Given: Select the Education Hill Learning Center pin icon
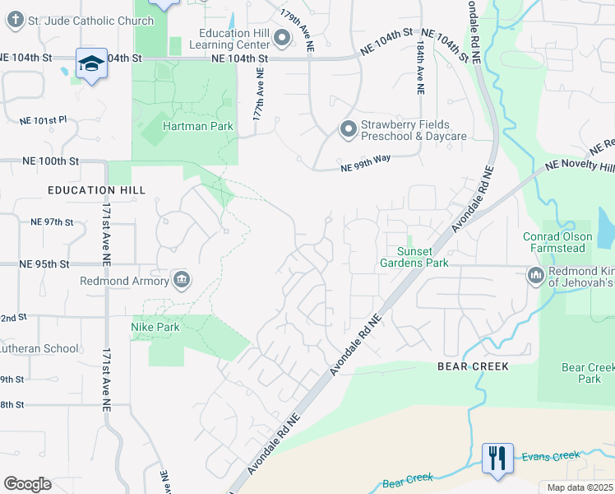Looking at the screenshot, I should click(x=282, y=38).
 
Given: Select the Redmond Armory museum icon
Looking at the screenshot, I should click(x=182, y=280).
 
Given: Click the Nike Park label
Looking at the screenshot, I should click(x=155, y=327).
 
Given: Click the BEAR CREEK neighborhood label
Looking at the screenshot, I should click(x=473, y=366).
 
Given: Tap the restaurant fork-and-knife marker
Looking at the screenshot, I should click(x=497, y=458).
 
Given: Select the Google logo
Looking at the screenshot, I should click(x=27, y=483).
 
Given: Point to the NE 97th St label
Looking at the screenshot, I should click(x=52, y=222).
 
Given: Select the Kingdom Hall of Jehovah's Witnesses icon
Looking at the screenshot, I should click(x=536, y=274).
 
